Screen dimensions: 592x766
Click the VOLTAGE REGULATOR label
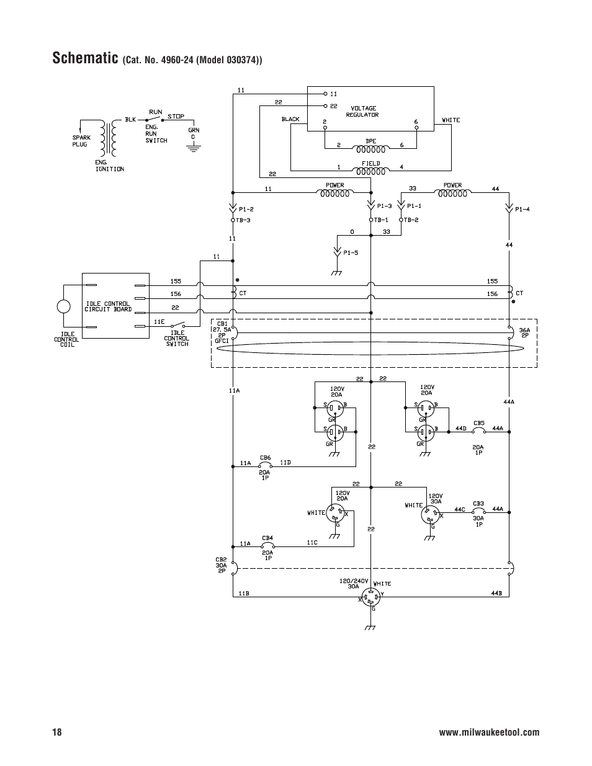(363, 112)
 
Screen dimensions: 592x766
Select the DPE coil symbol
(370, 149)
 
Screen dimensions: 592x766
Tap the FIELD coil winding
(370, 172)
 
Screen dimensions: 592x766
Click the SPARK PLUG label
(81, 141)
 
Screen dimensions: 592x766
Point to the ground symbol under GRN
(193, 148)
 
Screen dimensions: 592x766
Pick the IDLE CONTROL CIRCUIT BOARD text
(108, 306)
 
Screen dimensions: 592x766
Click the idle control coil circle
(64, 306)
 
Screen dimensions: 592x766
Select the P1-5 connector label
(351, 252)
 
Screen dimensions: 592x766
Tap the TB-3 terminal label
(243, 220)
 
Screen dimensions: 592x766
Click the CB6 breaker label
(265, 458)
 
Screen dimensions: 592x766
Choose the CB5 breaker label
(479, 423)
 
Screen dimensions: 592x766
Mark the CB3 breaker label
(478, 504)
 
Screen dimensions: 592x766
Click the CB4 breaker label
(267, 538)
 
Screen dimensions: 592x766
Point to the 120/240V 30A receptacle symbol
(371, 597)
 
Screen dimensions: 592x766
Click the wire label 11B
(244, 594)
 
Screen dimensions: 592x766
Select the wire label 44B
(496, 594)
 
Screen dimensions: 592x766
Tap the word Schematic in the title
(86, 58)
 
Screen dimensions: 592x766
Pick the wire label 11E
(159, 321)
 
